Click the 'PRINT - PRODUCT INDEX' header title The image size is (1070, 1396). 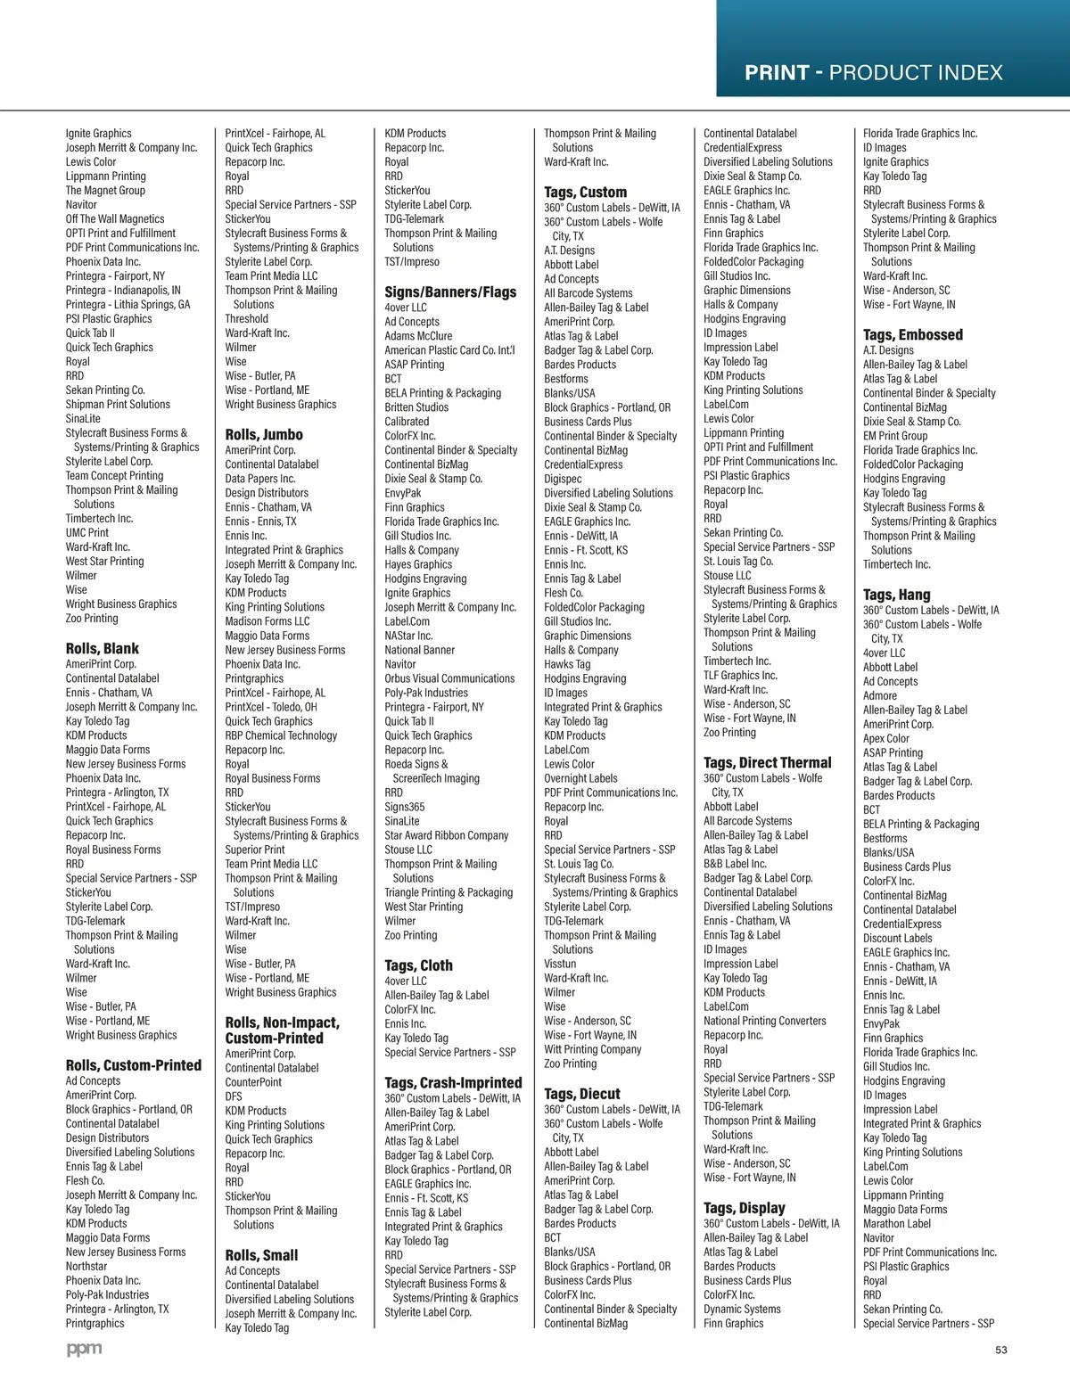click(873, 73)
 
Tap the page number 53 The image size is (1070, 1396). click(1000, 1350)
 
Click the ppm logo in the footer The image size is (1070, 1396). click(84, 1350)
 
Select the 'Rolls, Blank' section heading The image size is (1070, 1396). click(103, 648)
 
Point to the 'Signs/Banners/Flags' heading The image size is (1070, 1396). click(450, 292)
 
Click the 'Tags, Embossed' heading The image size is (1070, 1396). click(912, 334)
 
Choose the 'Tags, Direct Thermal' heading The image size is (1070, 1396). click(767, 762)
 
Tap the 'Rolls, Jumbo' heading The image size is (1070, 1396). click(264, 434)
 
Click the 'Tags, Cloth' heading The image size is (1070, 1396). click(418, 965)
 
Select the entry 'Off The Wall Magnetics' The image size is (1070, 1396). click(115, 218)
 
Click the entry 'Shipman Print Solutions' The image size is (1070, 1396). click(118, 404)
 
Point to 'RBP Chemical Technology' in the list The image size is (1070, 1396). click(281, 735)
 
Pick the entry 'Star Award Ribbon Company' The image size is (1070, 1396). click(446, 835)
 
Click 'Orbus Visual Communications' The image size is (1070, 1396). click(449, 678)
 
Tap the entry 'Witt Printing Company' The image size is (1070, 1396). click(592, 1049)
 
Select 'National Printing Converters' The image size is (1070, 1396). click(764, 1021)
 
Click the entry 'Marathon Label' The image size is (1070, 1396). click(896, 1223)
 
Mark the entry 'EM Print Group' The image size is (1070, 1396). click(894, 436)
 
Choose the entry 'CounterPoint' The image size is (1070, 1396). click(253, 1082)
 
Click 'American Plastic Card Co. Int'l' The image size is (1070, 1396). click(449, 350)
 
